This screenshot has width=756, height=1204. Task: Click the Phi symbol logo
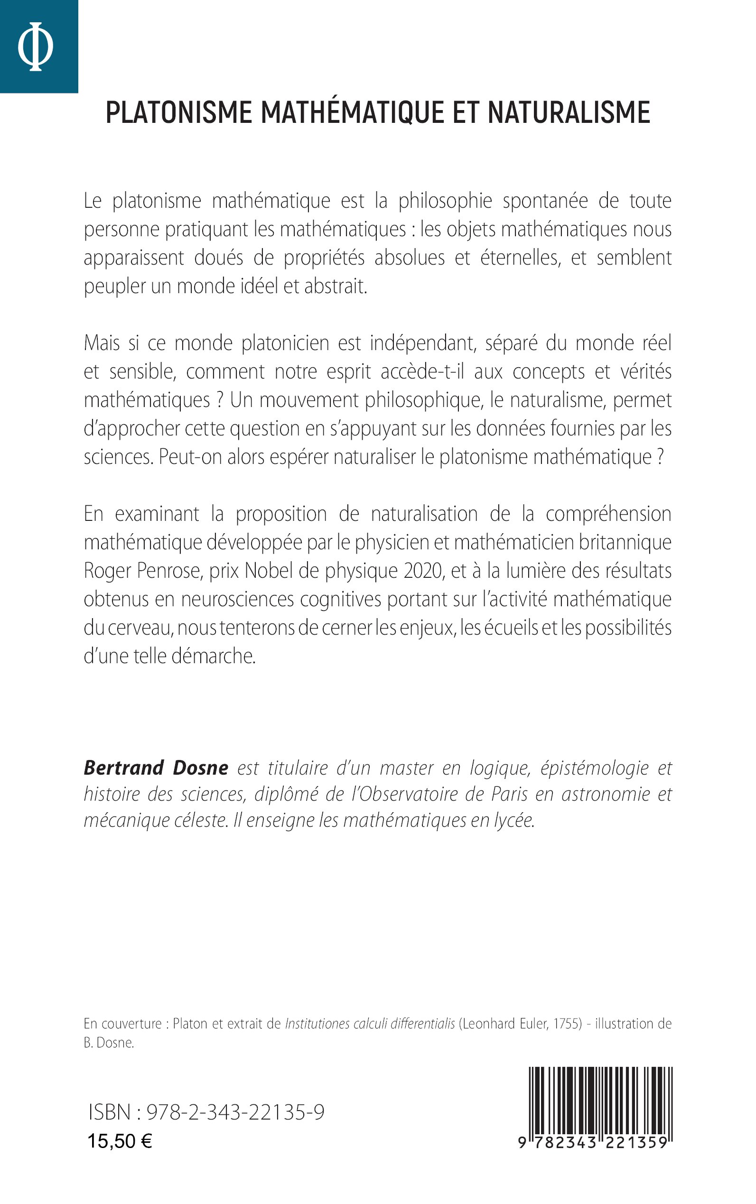pos(36,46)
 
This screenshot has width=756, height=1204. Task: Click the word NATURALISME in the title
pos(569,112)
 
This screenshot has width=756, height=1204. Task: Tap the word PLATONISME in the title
pos(178,112)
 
